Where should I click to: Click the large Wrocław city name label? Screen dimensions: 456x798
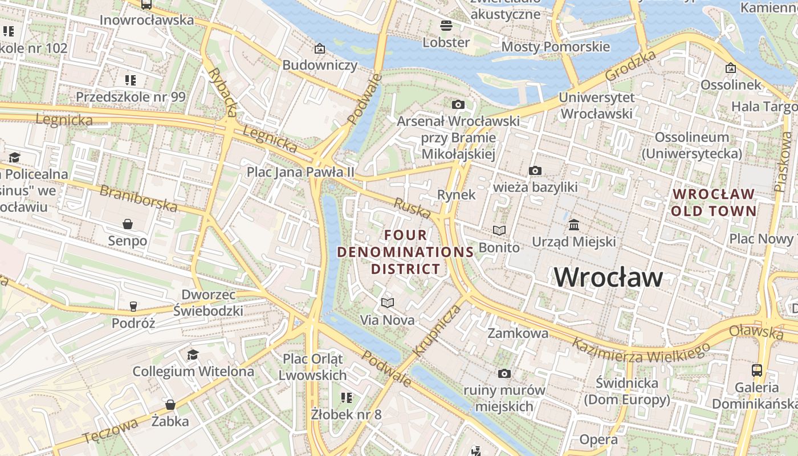608,278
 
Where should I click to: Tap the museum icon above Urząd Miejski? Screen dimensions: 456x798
574,224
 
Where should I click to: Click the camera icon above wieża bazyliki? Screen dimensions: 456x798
535,170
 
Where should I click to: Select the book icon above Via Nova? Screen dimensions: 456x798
388,303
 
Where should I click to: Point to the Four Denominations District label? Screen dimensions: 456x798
405,251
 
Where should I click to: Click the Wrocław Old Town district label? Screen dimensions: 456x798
714,202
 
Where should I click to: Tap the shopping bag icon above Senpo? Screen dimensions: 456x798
128,223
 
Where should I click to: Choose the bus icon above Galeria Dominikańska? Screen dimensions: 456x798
756,370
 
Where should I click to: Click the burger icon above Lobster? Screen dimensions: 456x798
446,25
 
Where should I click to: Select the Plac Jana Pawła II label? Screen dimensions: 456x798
300,172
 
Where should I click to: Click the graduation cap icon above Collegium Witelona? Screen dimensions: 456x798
193,355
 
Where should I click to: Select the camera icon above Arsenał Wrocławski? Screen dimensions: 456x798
458,104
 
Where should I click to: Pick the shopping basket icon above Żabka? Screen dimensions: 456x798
170,405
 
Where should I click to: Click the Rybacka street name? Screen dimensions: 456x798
222,91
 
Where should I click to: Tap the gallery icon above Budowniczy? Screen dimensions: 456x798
319,48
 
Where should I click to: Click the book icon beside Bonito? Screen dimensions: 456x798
499,230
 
